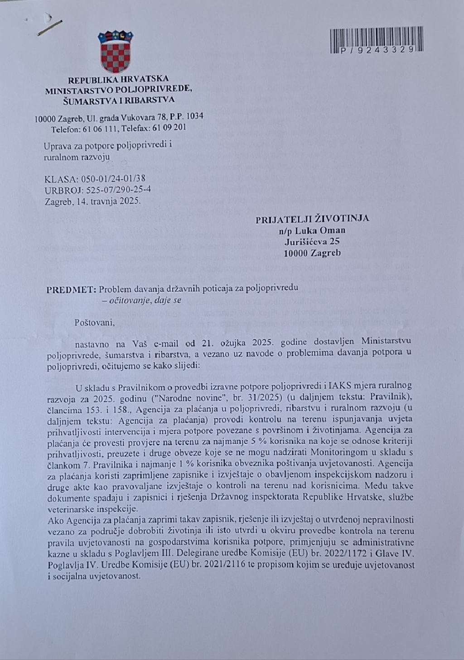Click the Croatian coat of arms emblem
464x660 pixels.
[116, 52]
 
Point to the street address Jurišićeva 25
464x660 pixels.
[312, 242]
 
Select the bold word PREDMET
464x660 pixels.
[71, 290]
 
